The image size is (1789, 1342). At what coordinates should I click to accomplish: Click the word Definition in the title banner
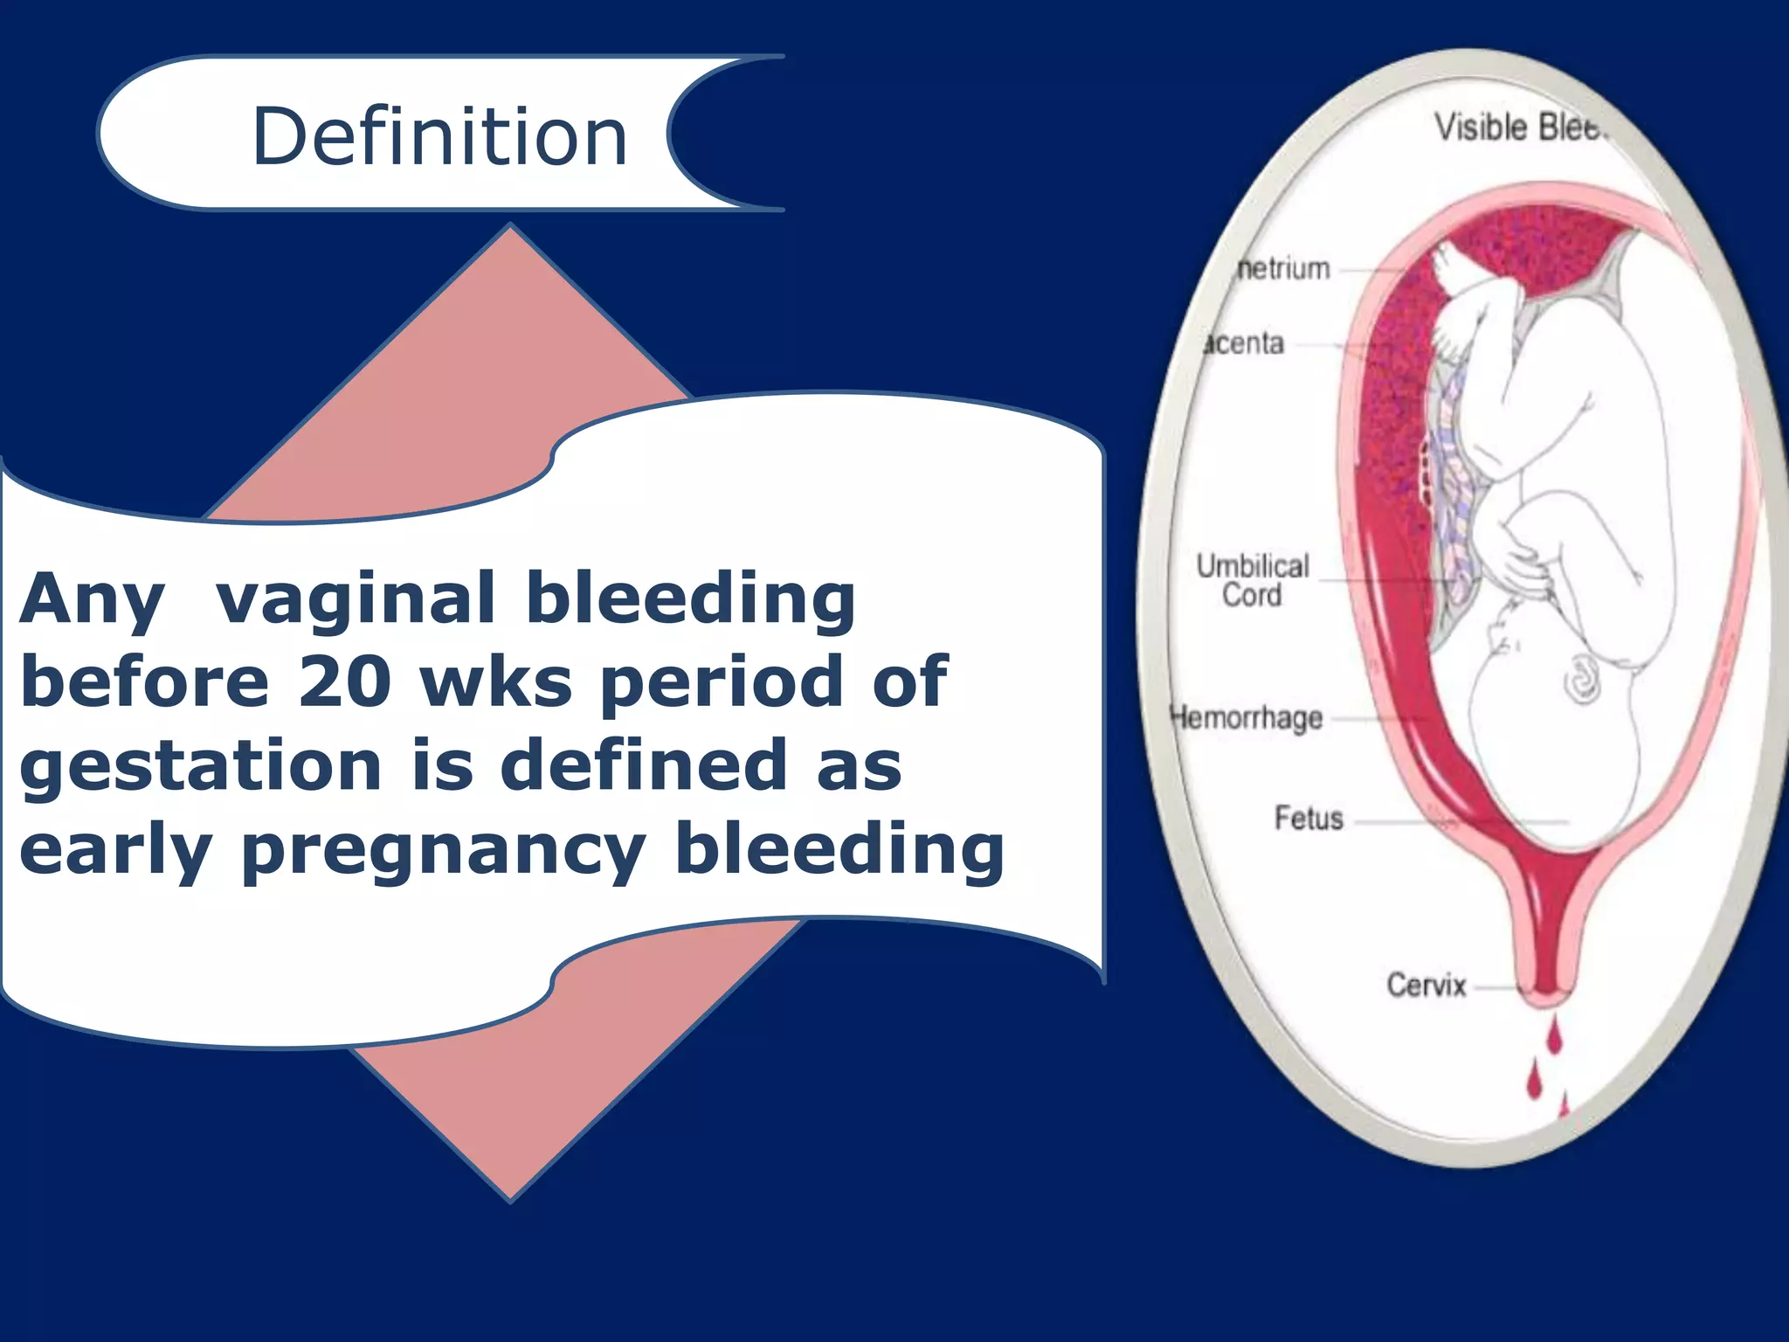pos(439,136)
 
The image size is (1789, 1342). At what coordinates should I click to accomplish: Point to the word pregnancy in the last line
pos(444,851)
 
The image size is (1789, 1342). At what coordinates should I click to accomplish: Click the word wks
pos(496,682)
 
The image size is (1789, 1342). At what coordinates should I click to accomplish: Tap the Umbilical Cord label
pos(1252,580)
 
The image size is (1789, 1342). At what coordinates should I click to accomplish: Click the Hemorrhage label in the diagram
pos(1247,718)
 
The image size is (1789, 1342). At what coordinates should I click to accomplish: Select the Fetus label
pos(1308,819)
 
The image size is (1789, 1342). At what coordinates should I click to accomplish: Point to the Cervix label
pos(1426,986)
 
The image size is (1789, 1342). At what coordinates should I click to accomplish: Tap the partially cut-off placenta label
pos(1244,343)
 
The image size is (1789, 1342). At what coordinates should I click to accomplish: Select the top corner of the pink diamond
pos(511,227)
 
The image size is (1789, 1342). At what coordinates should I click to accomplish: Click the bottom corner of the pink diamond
pos(511,1199)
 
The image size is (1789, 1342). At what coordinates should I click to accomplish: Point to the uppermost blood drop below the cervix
pos(1554,1036)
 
